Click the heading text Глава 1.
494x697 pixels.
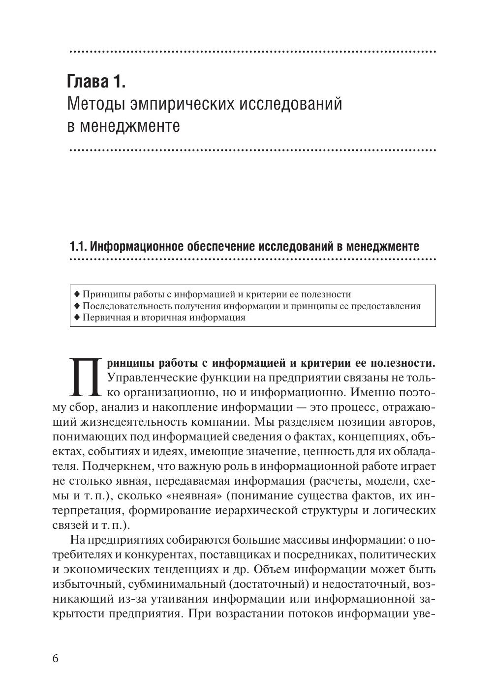coord(96,82)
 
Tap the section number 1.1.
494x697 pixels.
coord(78,246)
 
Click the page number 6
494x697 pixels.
coord(55,659)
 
